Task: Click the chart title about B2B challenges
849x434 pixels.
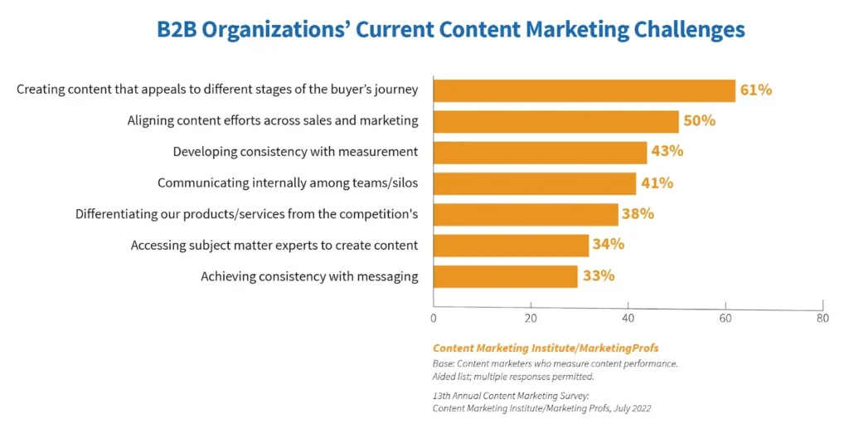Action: pyautogui.click(x=450, y=30)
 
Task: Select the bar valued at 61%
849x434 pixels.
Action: pyautogui.click(x=584, y=90)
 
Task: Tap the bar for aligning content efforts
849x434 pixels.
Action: pyautogui.click(x=555, y=121)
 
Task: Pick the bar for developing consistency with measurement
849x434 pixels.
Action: pyautogui.click(x=540, y=152)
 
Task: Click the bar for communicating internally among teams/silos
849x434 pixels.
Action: pyautogui.click(x=535, y=183)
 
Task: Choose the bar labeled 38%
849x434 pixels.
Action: pyautogui.click(x=526, y=214)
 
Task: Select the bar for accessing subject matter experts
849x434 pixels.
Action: pyautogui.click(x=511, y=245)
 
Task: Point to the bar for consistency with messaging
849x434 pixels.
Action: pyautogui.click(x=505, y=276)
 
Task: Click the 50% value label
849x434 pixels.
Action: pyautogui.click(x=699, y=121)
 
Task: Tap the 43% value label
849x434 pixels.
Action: pyautogui.click(x=667, y=152)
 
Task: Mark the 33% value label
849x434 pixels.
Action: pyautogui.click(x=599, y=276)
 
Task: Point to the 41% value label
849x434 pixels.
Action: pyautogui.click(x=657, y=183)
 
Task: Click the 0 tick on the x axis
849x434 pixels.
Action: pyautogui.click(x=434, y=317)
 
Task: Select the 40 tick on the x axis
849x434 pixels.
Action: pyautogui.click(x=628, y=317)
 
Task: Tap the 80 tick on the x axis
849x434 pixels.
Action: pyautogui.click(x=822, y=317)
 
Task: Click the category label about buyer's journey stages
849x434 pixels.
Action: pyautogui.click(x=217, y=90)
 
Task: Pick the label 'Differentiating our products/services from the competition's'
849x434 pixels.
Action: pyautogui.click(x=246, y=214)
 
